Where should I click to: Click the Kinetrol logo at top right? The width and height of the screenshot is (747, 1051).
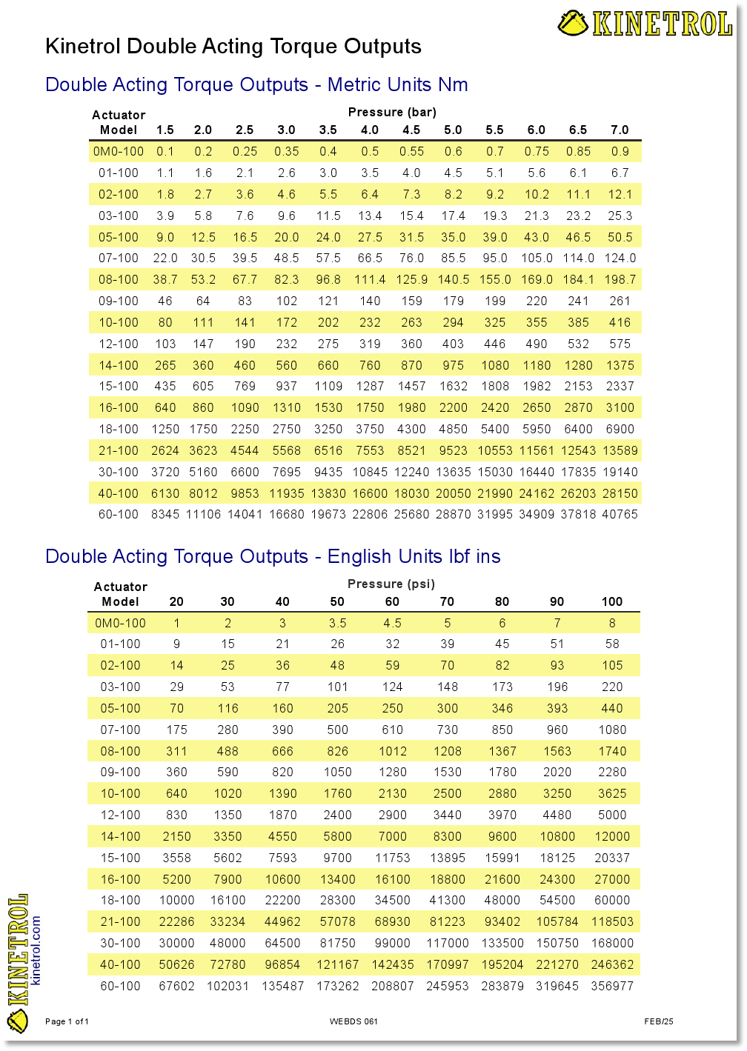click(x=645, y=23)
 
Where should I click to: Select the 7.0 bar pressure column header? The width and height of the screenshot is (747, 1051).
click(x=620, y=130)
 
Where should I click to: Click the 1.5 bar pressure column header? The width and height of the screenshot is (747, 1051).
click(x=165, y=130)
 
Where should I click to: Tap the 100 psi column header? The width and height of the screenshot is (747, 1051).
click(x=612, y=601)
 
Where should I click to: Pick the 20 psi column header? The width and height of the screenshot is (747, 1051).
click(x=176, y=601)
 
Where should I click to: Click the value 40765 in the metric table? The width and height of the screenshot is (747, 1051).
click(x=620, y=514)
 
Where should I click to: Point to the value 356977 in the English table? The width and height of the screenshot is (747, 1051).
click(x=612, y=986)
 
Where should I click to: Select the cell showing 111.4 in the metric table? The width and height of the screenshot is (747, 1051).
click(x=370, y=279)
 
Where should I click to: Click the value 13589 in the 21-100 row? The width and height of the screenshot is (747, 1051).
click(x=620, y=450)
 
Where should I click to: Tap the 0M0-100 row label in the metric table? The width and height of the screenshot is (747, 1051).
click(x=119, y=151)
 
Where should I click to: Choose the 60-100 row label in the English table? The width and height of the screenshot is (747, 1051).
click(x=120, y=986)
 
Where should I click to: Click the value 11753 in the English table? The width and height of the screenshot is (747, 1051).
click(x=392, y=858)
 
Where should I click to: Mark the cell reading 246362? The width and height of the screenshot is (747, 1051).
click(x=612, y=964)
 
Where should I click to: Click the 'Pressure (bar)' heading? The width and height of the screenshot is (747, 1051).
click(x=392, y=112)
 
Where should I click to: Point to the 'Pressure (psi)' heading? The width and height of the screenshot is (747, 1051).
click(x=391, y=584)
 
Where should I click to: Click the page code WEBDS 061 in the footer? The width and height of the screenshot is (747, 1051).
click(x=353, y=1021)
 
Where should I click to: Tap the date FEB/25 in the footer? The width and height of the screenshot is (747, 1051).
click(x=658, y=1021)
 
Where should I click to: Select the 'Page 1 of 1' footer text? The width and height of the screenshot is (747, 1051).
click(x=67, y=1021)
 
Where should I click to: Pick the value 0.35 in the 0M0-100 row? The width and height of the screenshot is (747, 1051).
click(x=286, y=151)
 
